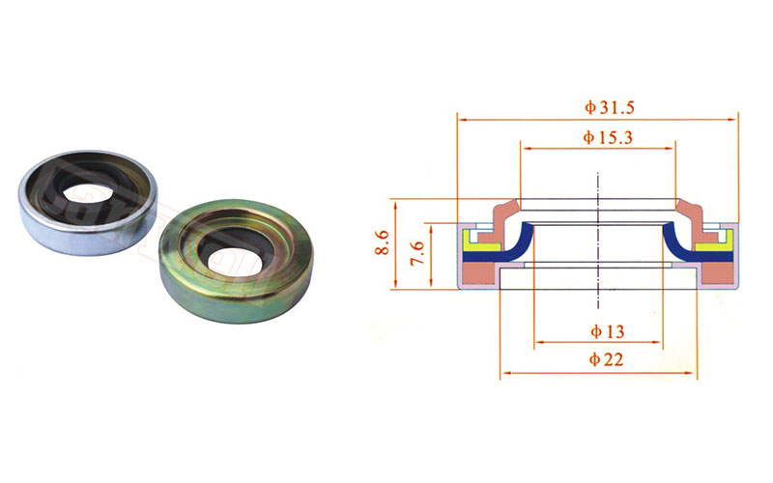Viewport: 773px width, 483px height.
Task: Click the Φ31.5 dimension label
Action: point(610,107)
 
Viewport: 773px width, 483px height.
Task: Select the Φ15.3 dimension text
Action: point(608,137)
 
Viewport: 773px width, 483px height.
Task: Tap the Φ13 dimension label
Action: point(608,331)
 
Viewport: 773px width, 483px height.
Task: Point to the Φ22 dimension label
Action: point(606,359)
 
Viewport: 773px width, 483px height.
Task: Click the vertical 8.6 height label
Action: point(383,242)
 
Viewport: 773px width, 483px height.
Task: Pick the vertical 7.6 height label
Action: point(417,253)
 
